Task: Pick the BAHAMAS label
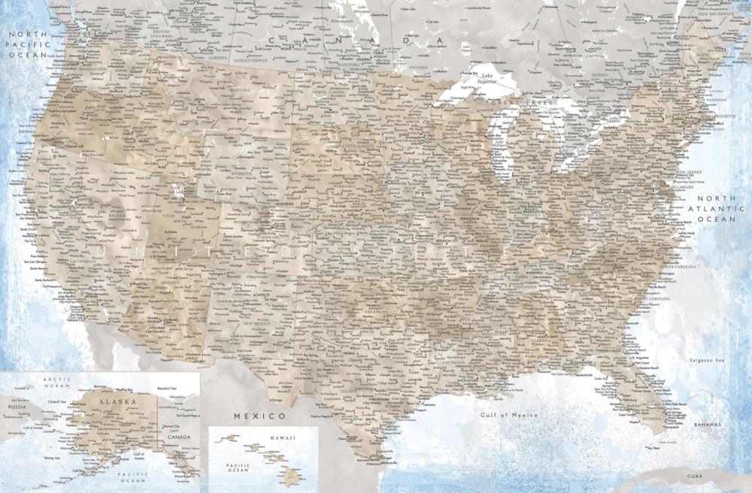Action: click(x=708, y=425)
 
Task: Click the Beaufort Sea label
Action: click(x=167, y=388)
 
